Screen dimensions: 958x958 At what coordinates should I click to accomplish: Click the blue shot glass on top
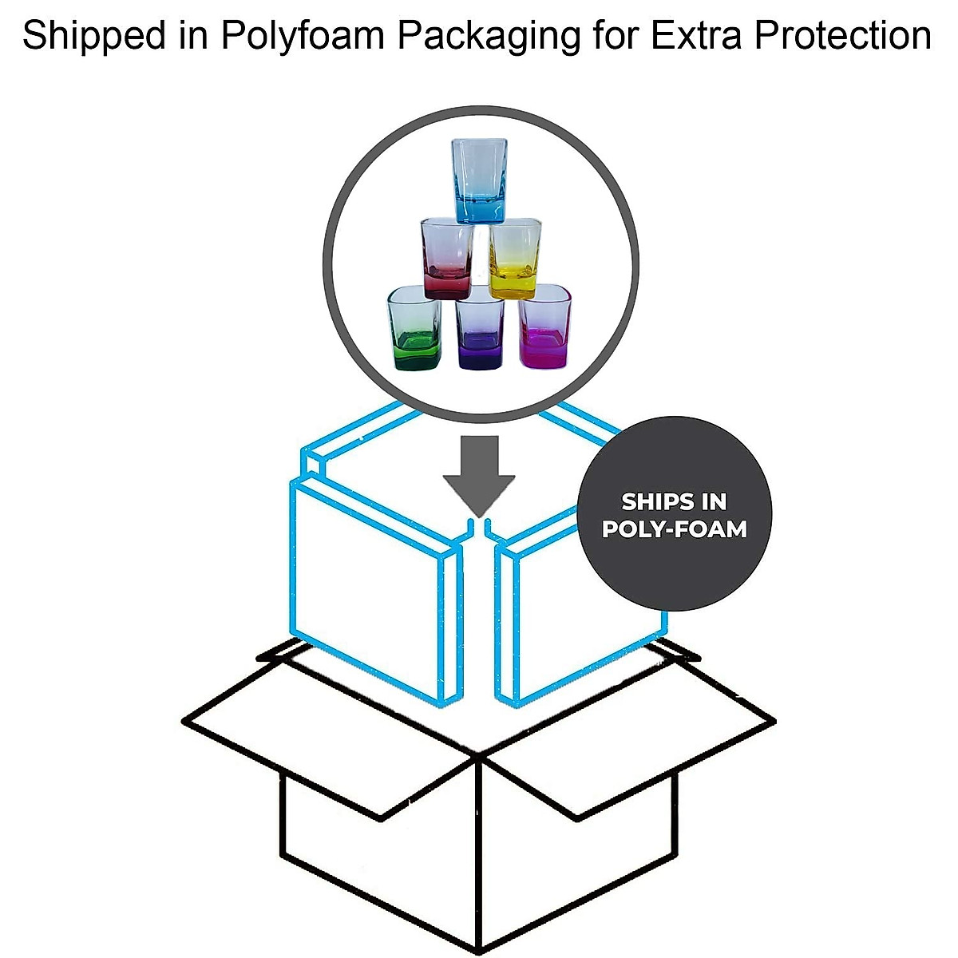pyautogui.click(x=479, y=180)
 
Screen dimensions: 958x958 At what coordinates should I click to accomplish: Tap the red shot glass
pyautogui.click(x=447, y=259)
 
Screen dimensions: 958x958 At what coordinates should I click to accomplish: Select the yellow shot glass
pyautogui.click(x=515, y=260)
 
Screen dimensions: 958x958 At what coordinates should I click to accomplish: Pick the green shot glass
pyautogui.click(x=414, y=329)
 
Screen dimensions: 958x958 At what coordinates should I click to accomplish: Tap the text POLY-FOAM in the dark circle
pyautogui.click(x=675, y=529)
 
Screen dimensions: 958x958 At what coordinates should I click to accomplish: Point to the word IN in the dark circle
pyautogui.click(x=713, y=501)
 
